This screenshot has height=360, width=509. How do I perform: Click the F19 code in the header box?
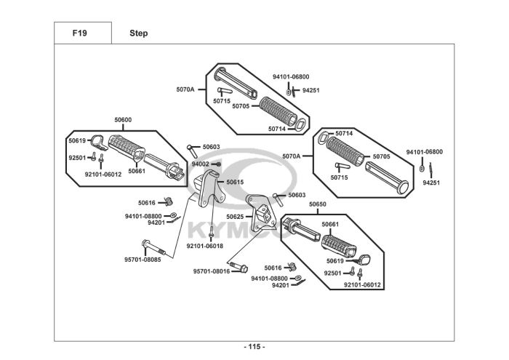(x=79, y=33)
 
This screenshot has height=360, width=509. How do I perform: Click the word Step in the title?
(x=139, y=33)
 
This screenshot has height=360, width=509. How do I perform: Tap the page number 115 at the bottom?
(x=254, y=347)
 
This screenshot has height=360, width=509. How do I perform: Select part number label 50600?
(x=123, y=120)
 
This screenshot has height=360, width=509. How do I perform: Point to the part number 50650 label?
(x=318, y=204)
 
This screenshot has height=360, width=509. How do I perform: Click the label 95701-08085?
(x=143, y=260)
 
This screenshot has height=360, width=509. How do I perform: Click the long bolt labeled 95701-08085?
(x=153, y=247)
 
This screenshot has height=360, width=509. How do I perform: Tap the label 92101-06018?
(x=205, y=246)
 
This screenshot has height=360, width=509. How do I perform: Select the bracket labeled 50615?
(x=207, y=188)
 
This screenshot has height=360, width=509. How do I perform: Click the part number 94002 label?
(x=200, y=164)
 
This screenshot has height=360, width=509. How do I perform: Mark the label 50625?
(x=235, y=217)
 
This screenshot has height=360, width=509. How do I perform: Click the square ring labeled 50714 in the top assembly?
(x=300, y=125)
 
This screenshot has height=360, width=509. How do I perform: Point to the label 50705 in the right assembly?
(x=382, y=156)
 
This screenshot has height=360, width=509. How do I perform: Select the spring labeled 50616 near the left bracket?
(x=169, y=201)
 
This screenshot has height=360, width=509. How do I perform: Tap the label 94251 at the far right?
(x=431, y=183)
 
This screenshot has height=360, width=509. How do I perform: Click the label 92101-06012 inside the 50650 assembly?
(x=362, y=285)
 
